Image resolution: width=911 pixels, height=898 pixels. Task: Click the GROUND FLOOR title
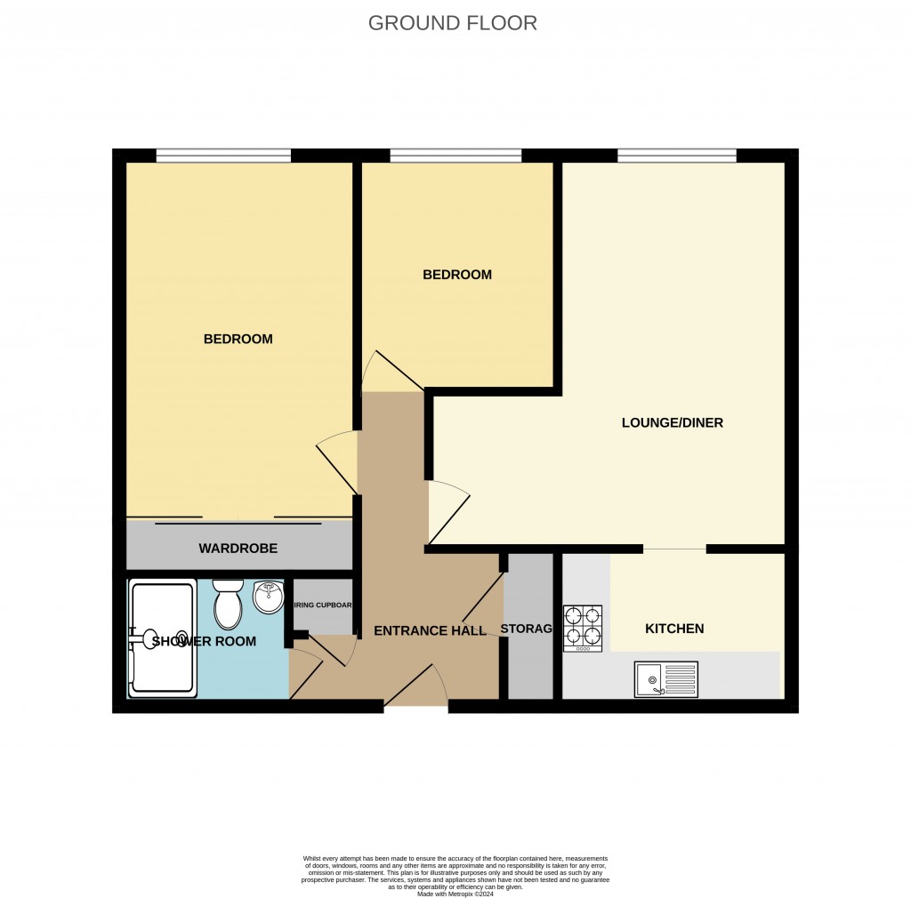coord(453,23)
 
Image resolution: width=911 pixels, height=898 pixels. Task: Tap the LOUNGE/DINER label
coord(672,423)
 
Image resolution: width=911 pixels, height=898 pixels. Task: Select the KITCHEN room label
coord(674,629)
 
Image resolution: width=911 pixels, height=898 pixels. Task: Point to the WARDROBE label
coord(238,549)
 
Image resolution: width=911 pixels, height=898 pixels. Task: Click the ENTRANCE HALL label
coord(430,631)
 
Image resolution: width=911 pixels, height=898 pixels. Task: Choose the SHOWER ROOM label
coord(204,641)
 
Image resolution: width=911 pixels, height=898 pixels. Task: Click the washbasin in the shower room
coord(268,597)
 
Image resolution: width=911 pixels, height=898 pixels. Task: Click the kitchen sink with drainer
coord(666,680)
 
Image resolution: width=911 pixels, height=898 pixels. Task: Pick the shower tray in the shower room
coord(162,637)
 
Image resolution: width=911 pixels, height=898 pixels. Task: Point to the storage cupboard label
coord(528,629)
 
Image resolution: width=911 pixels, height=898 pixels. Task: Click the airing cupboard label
coord(322,605)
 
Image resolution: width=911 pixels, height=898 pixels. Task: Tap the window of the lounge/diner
coord(677,156)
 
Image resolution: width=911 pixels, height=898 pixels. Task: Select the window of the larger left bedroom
coord(223,156)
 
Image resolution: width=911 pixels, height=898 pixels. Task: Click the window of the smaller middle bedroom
coord(455,156)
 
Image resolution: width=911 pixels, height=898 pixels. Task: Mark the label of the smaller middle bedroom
coord(456,275)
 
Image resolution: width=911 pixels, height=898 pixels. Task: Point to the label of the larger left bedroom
coord(238,339)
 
